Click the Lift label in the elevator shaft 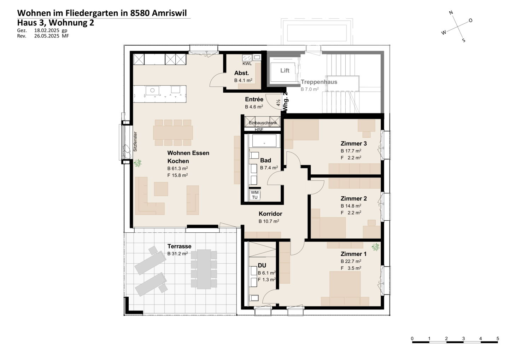285,70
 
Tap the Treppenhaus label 319,82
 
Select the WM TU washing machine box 255,195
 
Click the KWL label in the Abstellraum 247,64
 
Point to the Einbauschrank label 263,123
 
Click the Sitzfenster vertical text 135,141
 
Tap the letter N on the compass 451,12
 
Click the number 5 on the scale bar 498,339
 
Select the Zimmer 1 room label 353,254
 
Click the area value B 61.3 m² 177,168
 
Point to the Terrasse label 179,246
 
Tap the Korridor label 270,214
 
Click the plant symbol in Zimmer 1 375,247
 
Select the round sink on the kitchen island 152,90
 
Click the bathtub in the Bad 264,141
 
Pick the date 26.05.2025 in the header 47,36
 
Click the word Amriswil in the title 169,13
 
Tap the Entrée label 254,99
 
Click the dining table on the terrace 204,269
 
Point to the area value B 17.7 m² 351,151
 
